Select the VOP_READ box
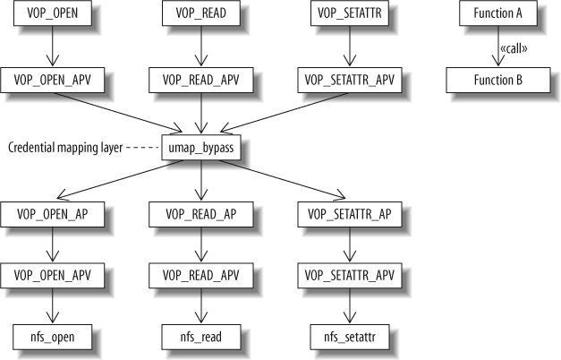pyautogui.click(x=200, y=14)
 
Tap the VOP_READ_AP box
pyautogui.click(x=200, y=214)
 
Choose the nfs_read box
pyautogui.click(x=200, y=338)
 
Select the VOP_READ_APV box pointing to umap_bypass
pyautogui.click(x=200, y=80)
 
